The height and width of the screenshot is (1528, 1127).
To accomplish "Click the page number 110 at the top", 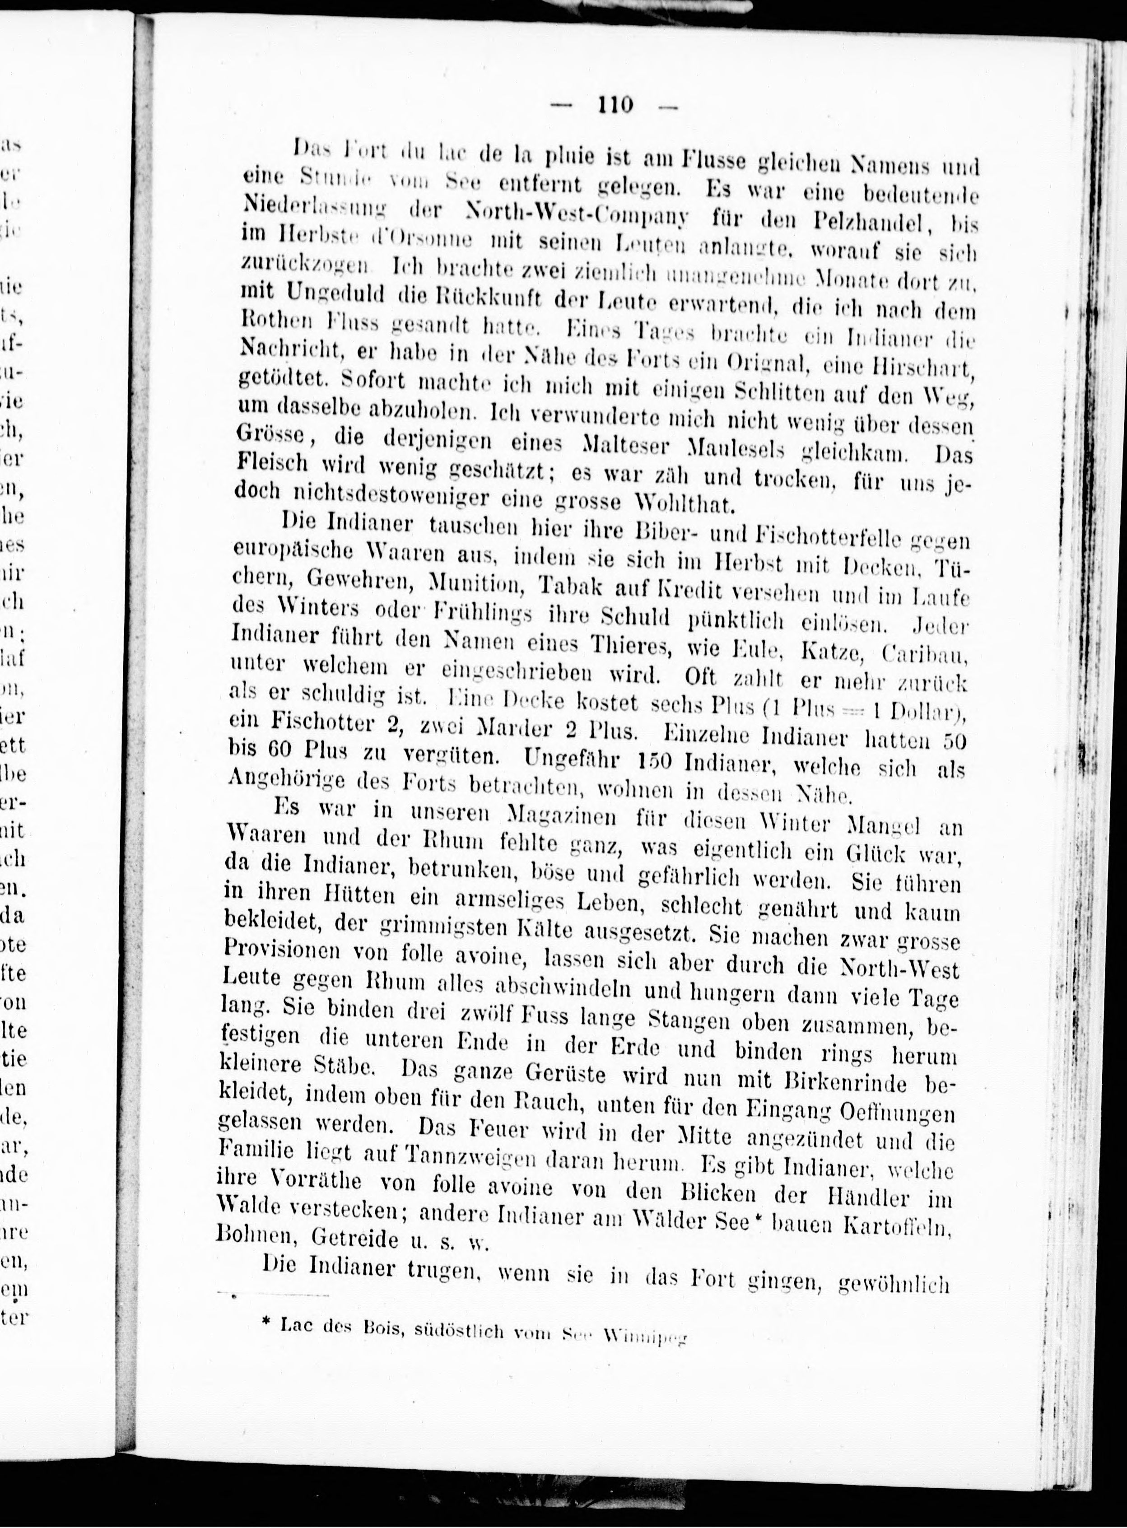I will tap(615, 105).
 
